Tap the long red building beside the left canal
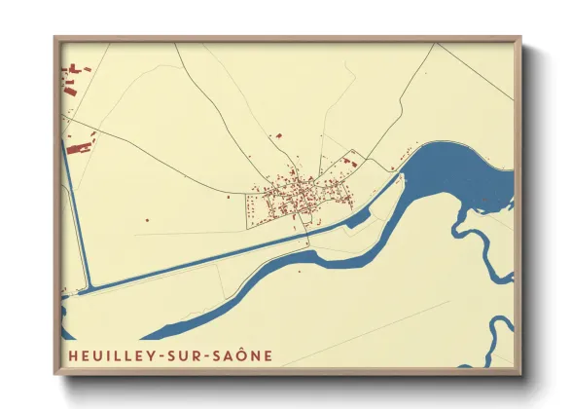click(78, 148)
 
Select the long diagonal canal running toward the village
click(214, 256)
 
